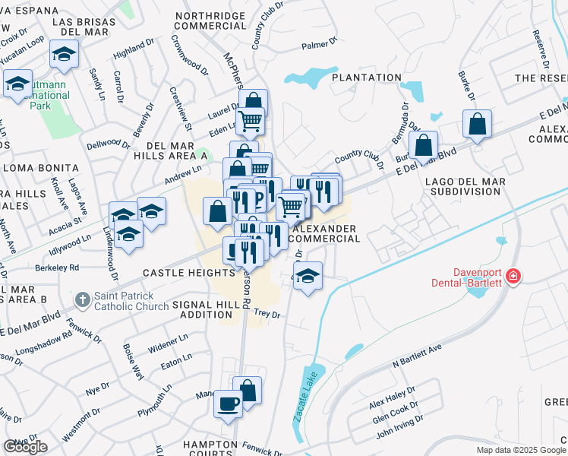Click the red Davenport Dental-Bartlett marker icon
(x=514, y=275)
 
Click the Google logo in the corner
(x=25, y=447)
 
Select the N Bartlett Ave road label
(x=417, y=357)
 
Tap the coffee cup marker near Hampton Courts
(x=227, y=403)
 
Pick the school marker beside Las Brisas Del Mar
(x=64, y=53)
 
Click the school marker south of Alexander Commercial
(x=308, y=275)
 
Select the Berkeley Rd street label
(x=57, y=268)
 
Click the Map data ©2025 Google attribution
(x=520, y=450)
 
